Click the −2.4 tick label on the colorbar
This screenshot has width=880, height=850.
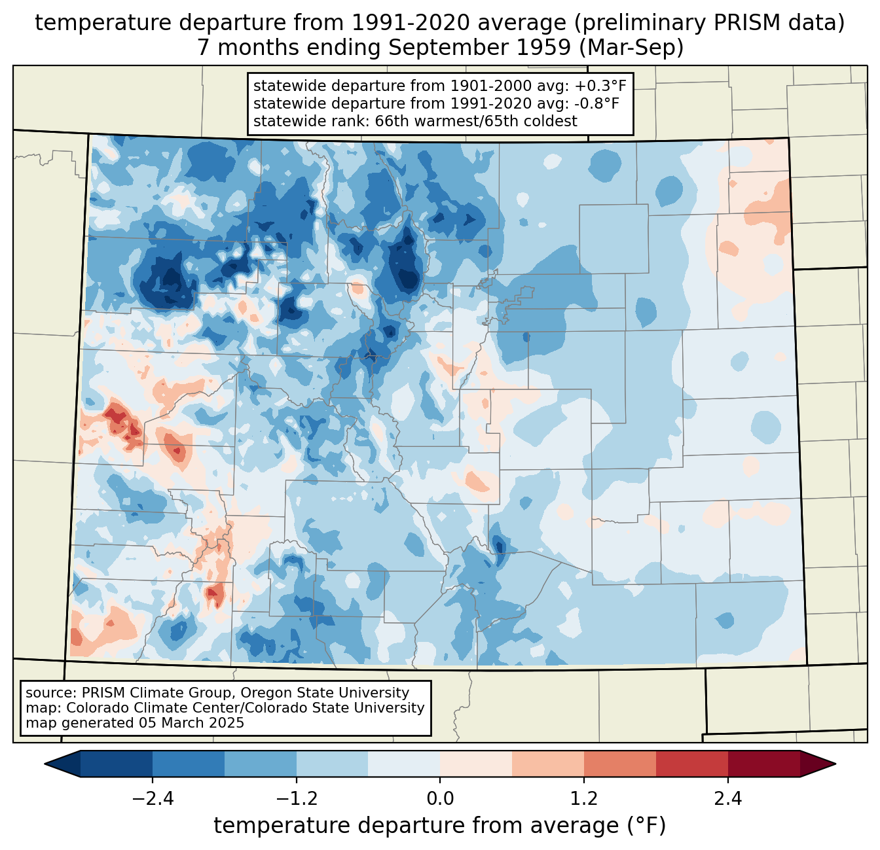point(152,799)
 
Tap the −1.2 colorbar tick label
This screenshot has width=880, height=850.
point(296,799)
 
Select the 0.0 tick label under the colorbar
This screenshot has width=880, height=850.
point(440,799)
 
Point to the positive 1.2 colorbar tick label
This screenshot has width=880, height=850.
point(584,799)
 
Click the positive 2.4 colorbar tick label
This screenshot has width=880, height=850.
point(728,799)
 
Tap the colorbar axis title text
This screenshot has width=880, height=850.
point(440,826)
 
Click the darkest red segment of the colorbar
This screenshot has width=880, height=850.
point(764,764)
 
